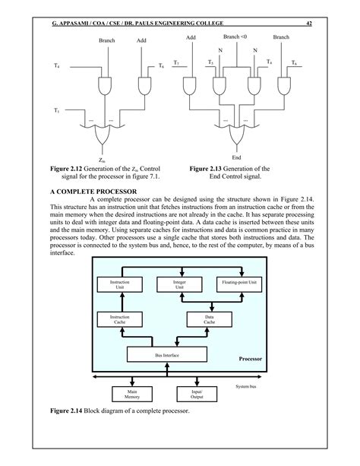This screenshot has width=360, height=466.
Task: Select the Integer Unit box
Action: tap(179, 285)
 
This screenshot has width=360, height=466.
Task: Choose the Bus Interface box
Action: tap(162, 355)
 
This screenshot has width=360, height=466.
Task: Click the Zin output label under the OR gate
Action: tap(102, 161)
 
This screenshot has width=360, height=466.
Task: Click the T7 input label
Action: tap(176, 62)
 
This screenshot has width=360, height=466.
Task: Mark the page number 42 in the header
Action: tap(309, 24)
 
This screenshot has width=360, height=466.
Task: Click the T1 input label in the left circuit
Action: tap(55, 111)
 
